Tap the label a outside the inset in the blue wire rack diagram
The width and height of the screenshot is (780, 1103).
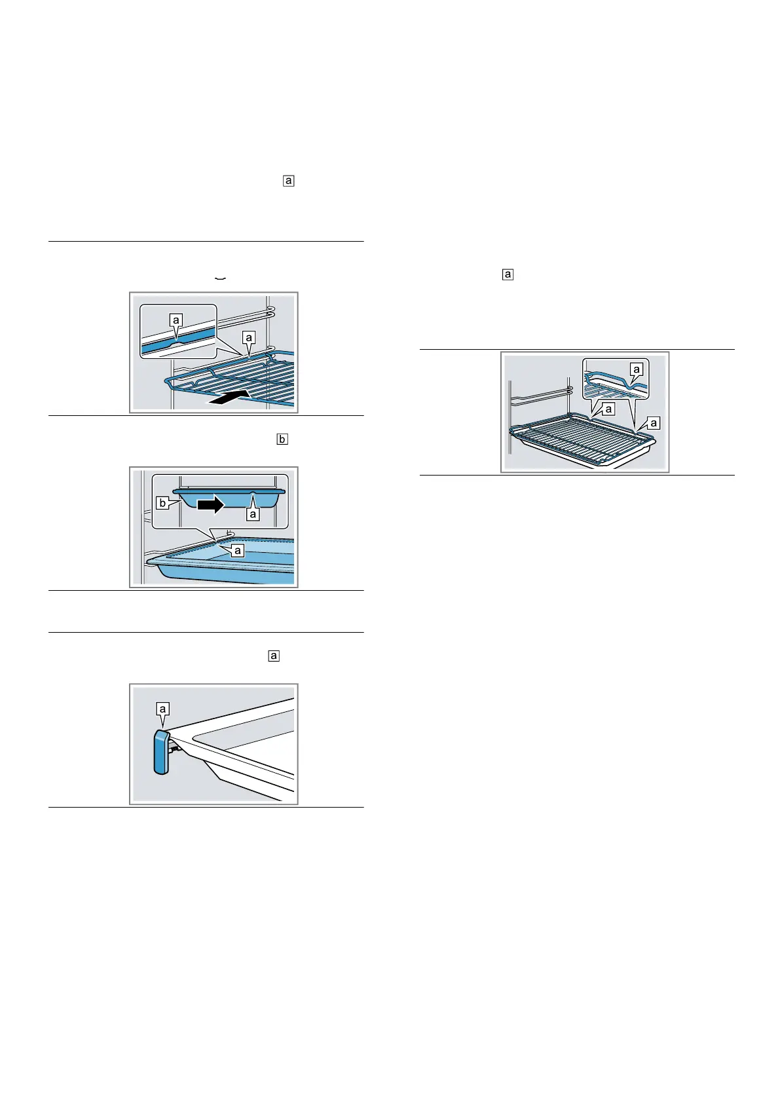click(x=249, y=337)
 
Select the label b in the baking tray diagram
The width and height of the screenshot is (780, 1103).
click(x=162, y=504)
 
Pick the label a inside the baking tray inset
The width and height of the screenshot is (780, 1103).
click(x=253, y=515)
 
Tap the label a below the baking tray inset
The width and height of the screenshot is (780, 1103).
click(x=238, y=551)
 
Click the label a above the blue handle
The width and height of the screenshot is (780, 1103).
click(x=163, y=708)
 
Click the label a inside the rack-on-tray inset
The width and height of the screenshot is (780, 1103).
click(x=636, y=370)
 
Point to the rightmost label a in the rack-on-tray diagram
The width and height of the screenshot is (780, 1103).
click(x=654, y=423)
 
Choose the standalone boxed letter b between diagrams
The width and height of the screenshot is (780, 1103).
click(x=282, y=439)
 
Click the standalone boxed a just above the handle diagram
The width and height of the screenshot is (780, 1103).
click(x=274, y=656)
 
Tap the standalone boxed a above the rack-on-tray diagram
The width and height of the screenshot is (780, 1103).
click(x=508, y=275)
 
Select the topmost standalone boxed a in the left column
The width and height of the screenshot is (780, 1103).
click(x=289, y=181)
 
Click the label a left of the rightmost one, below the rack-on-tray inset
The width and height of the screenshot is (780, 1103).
click(x=608, y=409)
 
